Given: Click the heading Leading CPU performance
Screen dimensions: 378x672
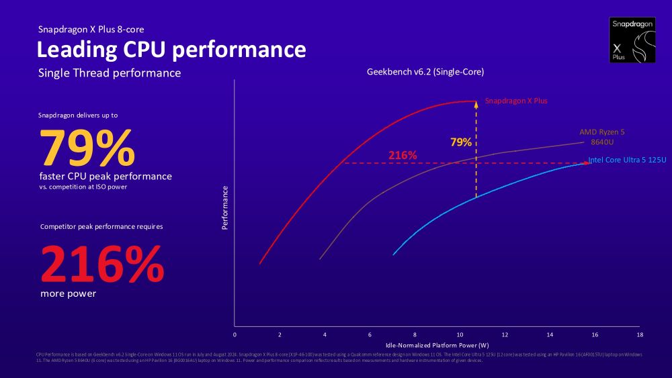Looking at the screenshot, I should (171, 50).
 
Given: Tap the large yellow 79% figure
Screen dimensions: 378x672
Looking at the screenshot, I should (87, 148).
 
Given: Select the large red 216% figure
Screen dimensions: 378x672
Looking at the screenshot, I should (102, 265).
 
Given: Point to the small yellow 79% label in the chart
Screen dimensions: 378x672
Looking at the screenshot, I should (460, 142).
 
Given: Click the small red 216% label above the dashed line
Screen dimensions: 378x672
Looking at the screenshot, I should (403, 156).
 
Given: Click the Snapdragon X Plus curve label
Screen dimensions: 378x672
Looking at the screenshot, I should (516, 101).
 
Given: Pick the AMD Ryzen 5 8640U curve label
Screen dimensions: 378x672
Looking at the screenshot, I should (601, 137).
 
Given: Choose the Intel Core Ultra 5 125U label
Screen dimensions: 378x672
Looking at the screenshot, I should (627, 160).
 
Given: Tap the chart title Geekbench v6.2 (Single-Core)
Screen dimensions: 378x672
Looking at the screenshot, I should (425, 71).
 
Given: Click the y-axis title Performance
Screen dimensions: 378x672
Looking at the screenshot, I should (225, 208).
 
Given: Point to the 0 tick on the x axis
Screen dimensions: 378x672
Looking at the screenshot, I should (235, 334).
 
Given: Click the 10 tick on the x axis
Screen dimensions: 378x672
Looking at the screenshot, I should (460, 334).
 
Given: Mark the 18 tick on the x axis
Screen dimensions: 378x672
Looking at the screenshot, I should (640, 334).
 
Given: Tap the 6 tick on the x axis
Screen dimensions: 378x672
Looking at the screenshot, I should (370, 334).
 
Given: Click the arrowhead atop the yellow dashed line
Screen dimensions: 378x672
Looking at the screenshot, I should (476, 103).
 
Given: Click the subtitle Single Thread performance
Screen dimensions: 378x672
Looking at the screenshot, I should (110, 73).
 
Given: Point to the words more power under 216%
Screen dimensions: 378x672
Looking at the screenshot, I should (68, 293).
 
